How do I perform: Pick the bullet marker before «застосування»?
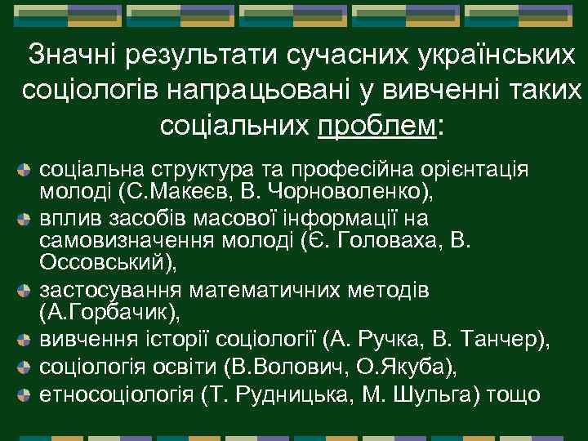coord(24,290)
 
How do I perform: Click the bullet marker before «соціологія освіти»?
coord(24,366)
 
